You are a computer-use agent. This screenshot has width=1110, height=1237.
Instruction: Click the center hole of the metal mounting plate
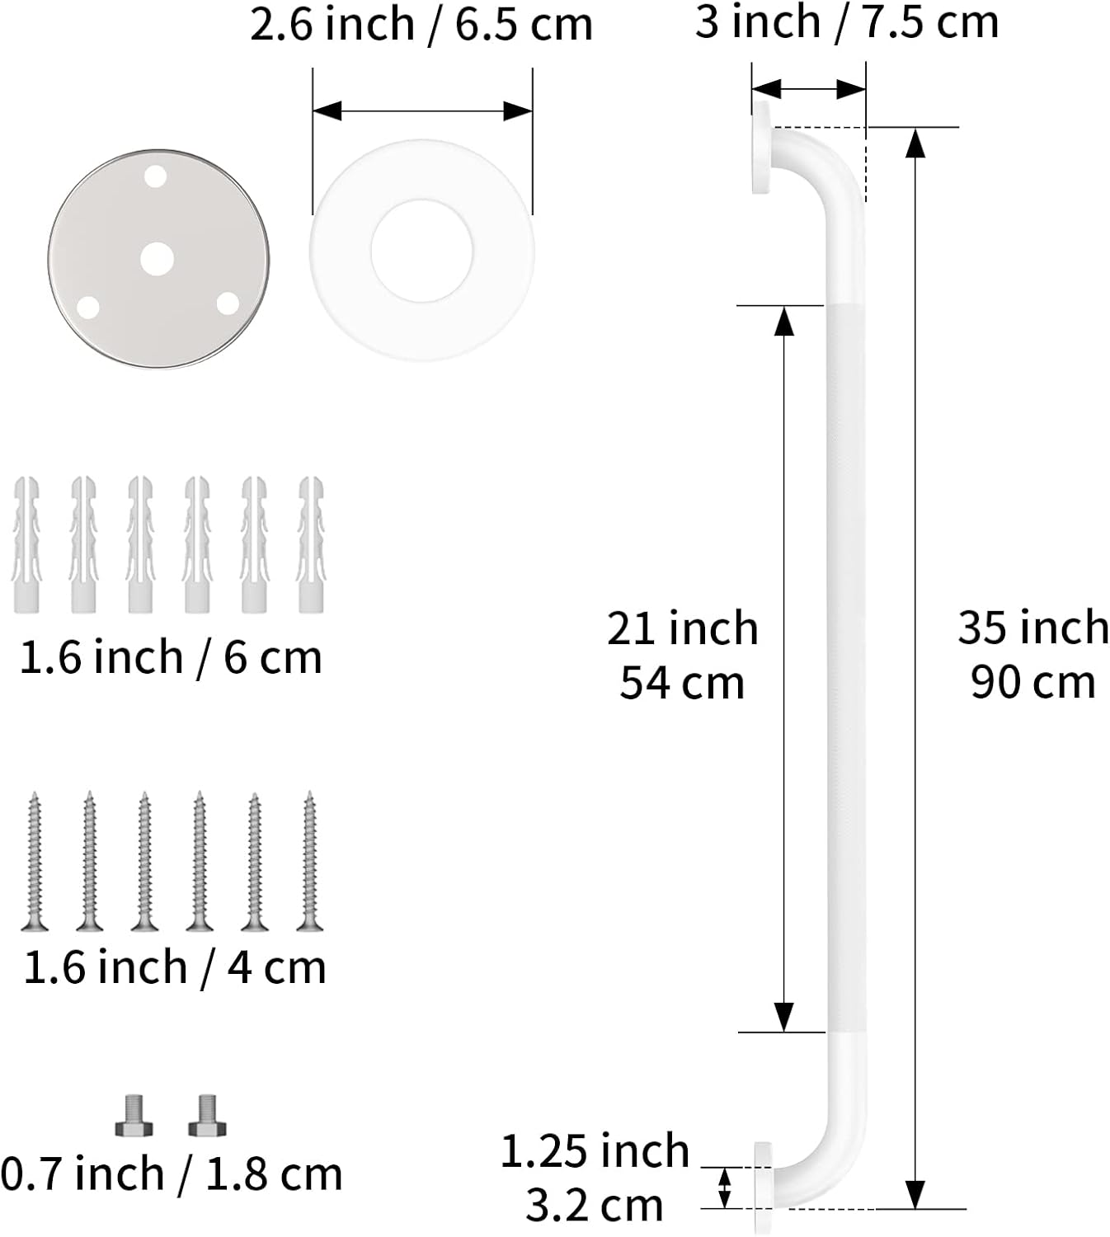coord(157,259)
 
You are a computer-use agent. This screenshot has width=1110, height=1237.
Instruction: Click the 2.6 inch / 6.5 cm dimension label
coord(421,24)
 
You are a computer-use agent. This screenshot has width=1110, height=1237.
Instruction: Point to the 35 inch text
coord(1032,628)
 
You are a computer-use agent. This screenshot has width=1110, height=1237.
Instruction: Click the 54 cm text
coord(682,684)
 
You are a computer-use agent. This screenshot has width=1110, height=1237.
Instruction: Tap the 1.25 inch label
coord(595,1151)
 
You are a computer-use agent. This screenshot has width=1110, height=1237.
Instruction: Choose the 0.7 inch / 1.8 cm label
coord(171,1174)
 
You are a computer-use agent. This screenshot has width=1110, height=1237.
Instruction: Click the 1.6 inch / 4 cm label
coord(174,967)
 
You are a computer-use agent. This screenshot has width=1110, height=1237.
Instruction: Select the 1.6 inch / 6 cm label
coord(170,657)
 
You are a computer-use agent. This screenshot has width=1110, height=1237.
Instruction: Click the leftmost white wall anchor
coord(26,544)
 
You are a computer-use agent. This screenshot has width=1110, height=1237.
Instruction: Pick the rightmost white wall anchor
coord(311,544)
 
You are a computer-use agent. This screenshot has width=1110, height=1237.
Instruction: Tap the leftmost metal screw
coord(35,861)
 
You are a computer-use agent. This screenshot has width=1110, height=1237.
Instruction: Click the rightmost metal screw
coord(309,861)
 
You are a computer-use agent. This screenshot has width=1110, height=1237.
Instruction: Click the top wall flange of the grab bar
coord(761,148)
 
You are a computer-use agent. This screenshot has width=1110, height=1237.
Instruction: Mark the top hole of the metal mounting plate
coord(155,176)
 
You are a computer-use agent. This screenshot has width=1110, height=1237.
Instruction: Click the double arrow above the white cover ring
coord(422,111)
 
